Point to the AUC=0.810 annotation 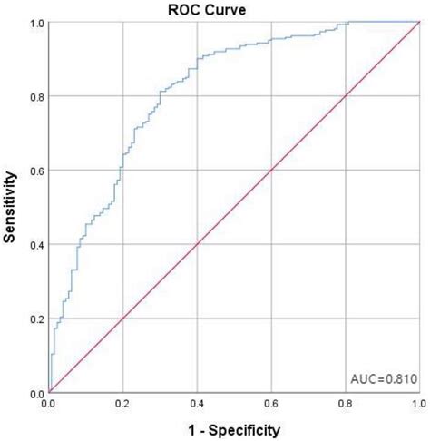coord(384,378)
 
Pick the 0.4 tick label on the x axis coord(197,404)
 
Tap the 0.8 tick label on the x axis coord(345,404)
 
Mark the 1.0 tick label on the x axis coord(417,404)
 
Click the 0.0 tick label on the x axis coord(49,404)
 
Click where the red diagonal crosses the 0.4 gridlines coord(197,245)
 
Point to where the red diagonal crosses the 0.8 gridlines coord(345,96)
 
